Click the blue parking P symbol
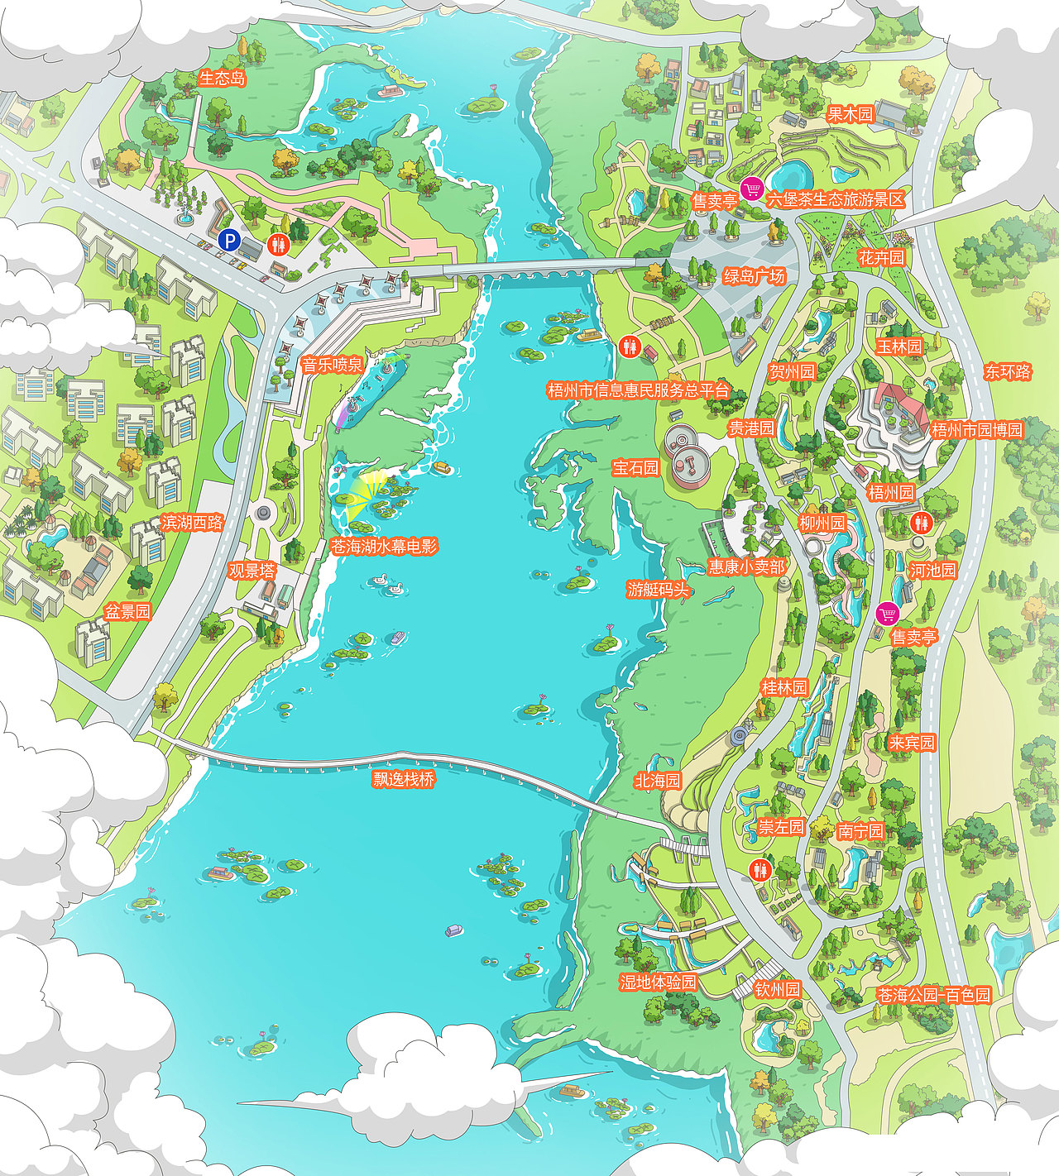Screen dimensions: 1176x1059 click(229, 241)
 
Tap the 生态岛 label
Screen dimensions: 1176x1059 click(223, 79)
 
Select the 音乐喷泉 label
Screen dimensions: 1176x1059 click(332, 365)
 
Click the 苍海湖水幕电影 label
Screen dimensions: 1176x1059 click(384, 546)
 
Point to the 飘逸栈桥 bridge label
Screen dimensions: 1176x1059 click(404, 779)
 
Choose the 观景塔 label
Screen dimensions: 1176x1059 click(252, 571)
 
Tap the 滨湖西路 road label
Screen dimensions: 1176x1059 click(192, 522)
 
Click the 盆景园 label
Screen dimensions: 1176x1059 click(127, 612)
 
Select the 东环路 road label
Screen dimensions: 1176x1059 click(1008, 372)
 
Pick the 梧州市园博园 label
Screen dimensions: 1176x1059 click(977, 430)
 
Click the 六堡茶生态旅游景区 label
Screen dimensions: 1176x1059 click(836, 199)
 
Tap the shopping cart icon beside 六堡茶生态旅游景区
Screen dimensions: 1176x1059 click(751, 189)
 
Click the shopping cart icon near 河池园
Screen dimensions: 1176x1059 click(887, 614)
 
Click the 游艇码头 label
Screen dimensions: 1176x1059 click(658, 589)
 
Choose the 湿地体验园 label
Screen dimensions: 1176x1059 click(659, 982)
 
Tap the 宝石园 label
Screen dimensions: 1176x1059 click(635, 467)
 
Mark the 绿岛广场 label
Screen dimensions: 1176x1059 click(754, 276)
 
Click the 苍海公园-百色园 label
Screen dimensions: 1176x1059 click(933, 995)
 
